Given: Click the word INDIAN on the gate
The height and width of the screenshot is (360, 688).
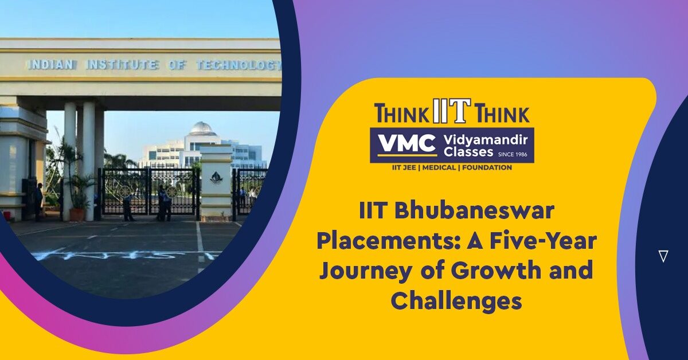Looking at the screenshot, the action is [x=51, y=65].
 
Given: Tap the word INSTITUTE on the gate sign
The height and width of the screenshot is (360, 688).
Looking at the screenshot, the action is [x=122, y=65].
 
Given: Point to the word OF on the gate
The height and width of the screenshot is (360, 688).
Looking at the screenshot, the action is [x=178, y=65].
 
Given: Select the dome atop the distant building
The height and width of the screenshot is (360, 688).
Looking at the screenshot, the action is [x=202, y=128].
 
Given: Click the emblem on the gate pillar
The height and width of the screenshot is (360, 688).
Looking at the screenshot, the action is [x=216, y=178].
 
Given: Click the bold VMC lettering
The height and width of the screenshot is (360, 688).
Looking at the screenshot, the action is [x=407, y=144].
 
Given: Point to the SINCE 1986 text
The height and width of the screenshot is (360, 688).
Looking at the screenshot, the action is [x=513, y=154].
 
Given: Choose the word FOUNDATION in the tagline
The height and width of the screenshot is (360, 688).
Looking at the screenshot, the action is [x=487, y=168].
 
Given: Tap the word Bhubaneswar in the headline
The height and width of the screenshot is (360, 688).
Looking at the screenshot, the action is [x=474, y=212].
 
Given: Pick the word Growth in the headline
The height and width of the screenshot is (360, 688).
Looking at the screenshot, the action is [x=497, y=269].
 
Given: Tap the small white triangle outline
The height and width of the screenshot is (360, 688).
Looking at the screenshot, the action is [x=663, y=256].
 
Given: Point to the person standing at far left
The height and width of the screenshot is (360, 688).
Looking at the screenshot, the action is [x=39, y=202].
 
